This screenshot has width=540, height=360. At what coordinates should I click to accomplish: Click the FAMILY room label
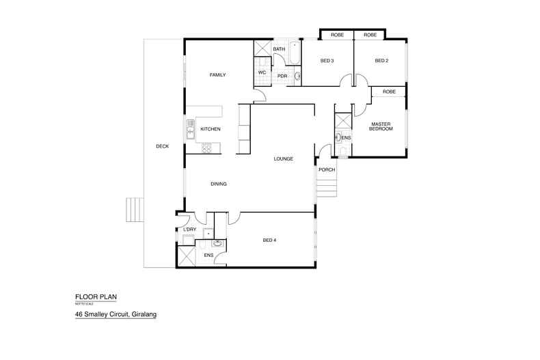click(x=217, y=75)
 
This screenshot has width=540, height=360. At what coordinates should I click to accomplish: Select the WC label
click(x=262, y=72)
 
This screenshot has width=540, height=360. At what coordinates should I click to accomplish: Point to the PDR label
click(x=282, y=76)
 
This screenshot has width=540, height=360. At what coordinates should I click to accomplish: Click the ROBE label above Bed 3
click(x=337, y=35)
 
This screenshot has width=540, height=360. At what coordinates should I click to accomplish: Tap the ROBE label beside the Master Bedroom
click(x=389, y=92)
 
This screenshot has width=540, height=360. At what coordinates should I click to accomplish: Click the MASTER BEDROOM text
click(x=380, y=126)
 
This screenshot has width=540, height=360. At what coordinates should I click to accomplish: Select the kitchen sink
click(x=191, y=128)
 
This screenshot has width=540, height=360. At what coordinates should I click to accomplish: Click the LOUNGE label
click(x=283, y=158)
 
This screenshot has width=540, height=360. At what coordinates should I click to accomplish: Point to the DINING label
click(x=219, y=184)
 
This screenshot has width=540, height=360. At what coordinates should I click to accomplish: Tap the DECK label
click(x=161, y=146)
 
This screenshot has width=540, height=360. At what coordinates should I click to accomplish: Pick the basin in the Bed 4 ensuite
click(x=218, y=243)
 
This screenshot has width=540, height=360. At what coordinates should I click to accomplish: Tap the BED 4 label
click(x=271, y=240)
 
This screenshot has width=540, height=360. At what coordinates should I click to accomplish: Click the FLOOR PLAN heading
click(x=96, y=297)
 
